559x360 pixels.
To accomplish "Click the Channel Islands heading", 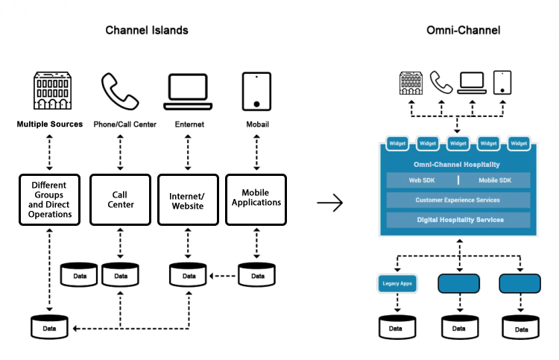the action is (147, 31).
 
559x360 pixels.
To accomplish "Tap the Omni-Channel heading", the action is (463, 31).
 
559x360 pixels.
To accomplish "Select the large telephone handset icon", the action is (120, 91).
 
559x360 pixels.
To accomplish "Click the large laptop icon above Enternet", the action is (188, 92).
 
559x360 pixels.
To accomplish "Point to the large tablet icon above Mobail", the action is (256, 92).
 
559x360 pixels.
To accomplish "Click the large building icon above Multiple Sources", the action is (52, 90).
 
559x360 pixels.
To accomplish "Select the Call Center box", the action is (121, 200).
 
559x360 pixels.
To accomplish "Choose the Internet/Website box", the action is (188, 200).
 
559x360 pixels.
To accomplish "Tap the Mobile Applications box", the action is (256, 200).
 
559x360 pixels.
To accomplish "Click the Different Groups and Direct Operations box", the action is (49, 200).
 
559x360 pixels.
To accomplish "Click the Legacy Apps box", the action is (397, 284).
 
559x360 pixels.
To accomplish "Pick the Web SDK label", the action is (422, 180).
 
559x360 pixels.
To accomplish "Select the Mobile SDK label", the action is (495, 180).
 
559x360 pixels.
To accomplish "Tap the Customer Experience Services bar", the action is (458, 200).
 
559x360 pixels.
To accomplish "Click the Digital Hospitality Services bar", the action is (458, 220).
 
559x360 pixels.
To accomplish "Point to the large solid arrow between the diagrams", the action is (329, 203).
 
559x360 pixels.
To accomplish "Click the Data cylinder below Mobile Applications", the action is (256, 275).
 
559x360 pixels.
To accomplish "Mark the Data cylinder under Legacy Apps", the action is (397, 327).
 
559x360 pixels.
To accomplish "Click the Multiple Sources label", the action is (50, 124).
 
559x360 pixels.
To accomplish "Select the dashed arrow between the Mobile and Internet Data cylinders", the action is (222, 276).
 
